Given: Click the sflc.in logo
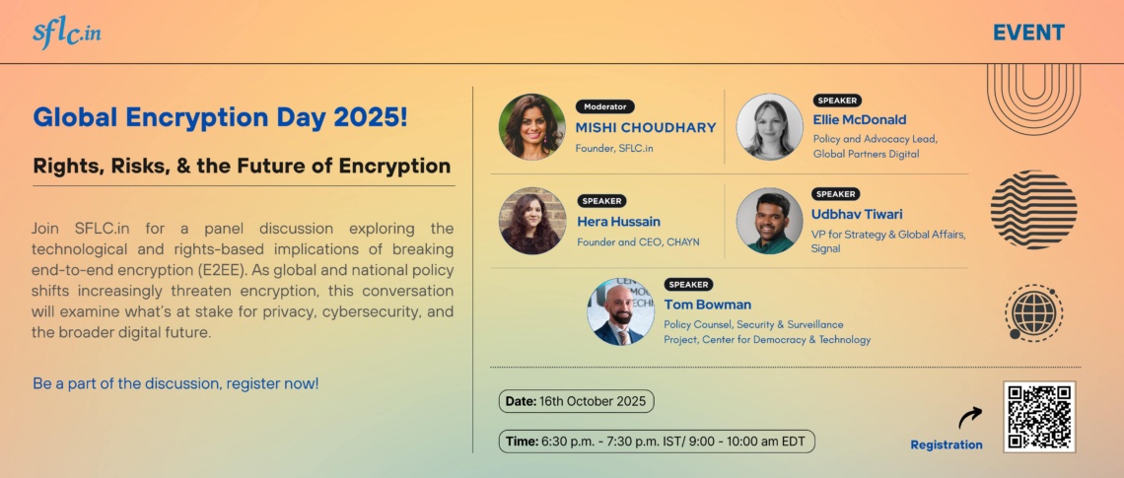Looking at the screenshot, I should pyautogui.click(x=66, y=33).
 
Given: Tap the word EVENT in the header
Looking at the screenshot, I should pyautogui.click(x=1028, y=33).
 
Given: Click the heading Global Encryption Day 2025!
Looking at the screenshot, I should pyautogui.click(x=220, y=117).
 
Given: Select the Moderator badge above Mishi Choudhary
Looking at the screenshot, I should pyautogui.click(x=605, y=106).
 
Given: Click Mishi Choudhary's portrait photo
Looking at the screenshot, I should pyautogui.click(x=532, y=127).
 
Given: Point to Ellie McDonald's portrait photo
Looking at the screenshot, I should pyautogui.click(x=769, y=127).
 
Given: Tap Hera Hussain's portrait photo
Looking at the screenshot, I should pyautogui.click(x=532, y=221).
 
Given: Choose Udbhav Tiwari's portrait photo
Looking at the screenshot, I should pyautogui.click(x=769, y=221).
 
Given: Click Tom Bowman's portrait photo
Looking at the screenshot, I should pyautogui.click(x=620, y=311).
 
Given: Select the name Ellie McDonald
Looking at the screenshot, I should pyautogui.click(x=859, y=120).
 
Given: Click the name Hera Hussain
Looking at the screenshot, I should pyautogui.click(x=618, y=222).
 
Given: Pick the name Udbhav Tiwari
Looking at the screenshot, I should pyautogui.click(x=857, y=214).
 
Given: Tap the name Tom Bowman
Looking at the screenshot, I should pyautogui.click(x=707, y=305).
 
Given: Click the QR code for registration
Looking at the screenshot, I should pyautogui.click(x=1039, y=416).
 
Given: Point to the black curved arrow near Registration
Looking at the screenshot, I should pyautogui.click(x=970, y=417).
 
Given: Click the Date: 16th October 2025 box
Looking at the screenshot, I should pyautogui.click(x=577, y=401).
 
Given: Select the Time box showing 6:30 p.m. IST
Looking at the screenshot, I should pyautogui.click(x=657, y=442).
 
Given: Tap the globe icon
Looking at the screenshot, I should pyautogui.click(x=1034, y=313).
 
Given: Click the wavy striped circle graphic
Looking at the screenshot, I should pyautogui.click(x=1033, y=209).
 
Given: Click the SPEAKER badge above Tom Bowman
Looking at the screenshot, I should pyautogui.click(x=688, y=285).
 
